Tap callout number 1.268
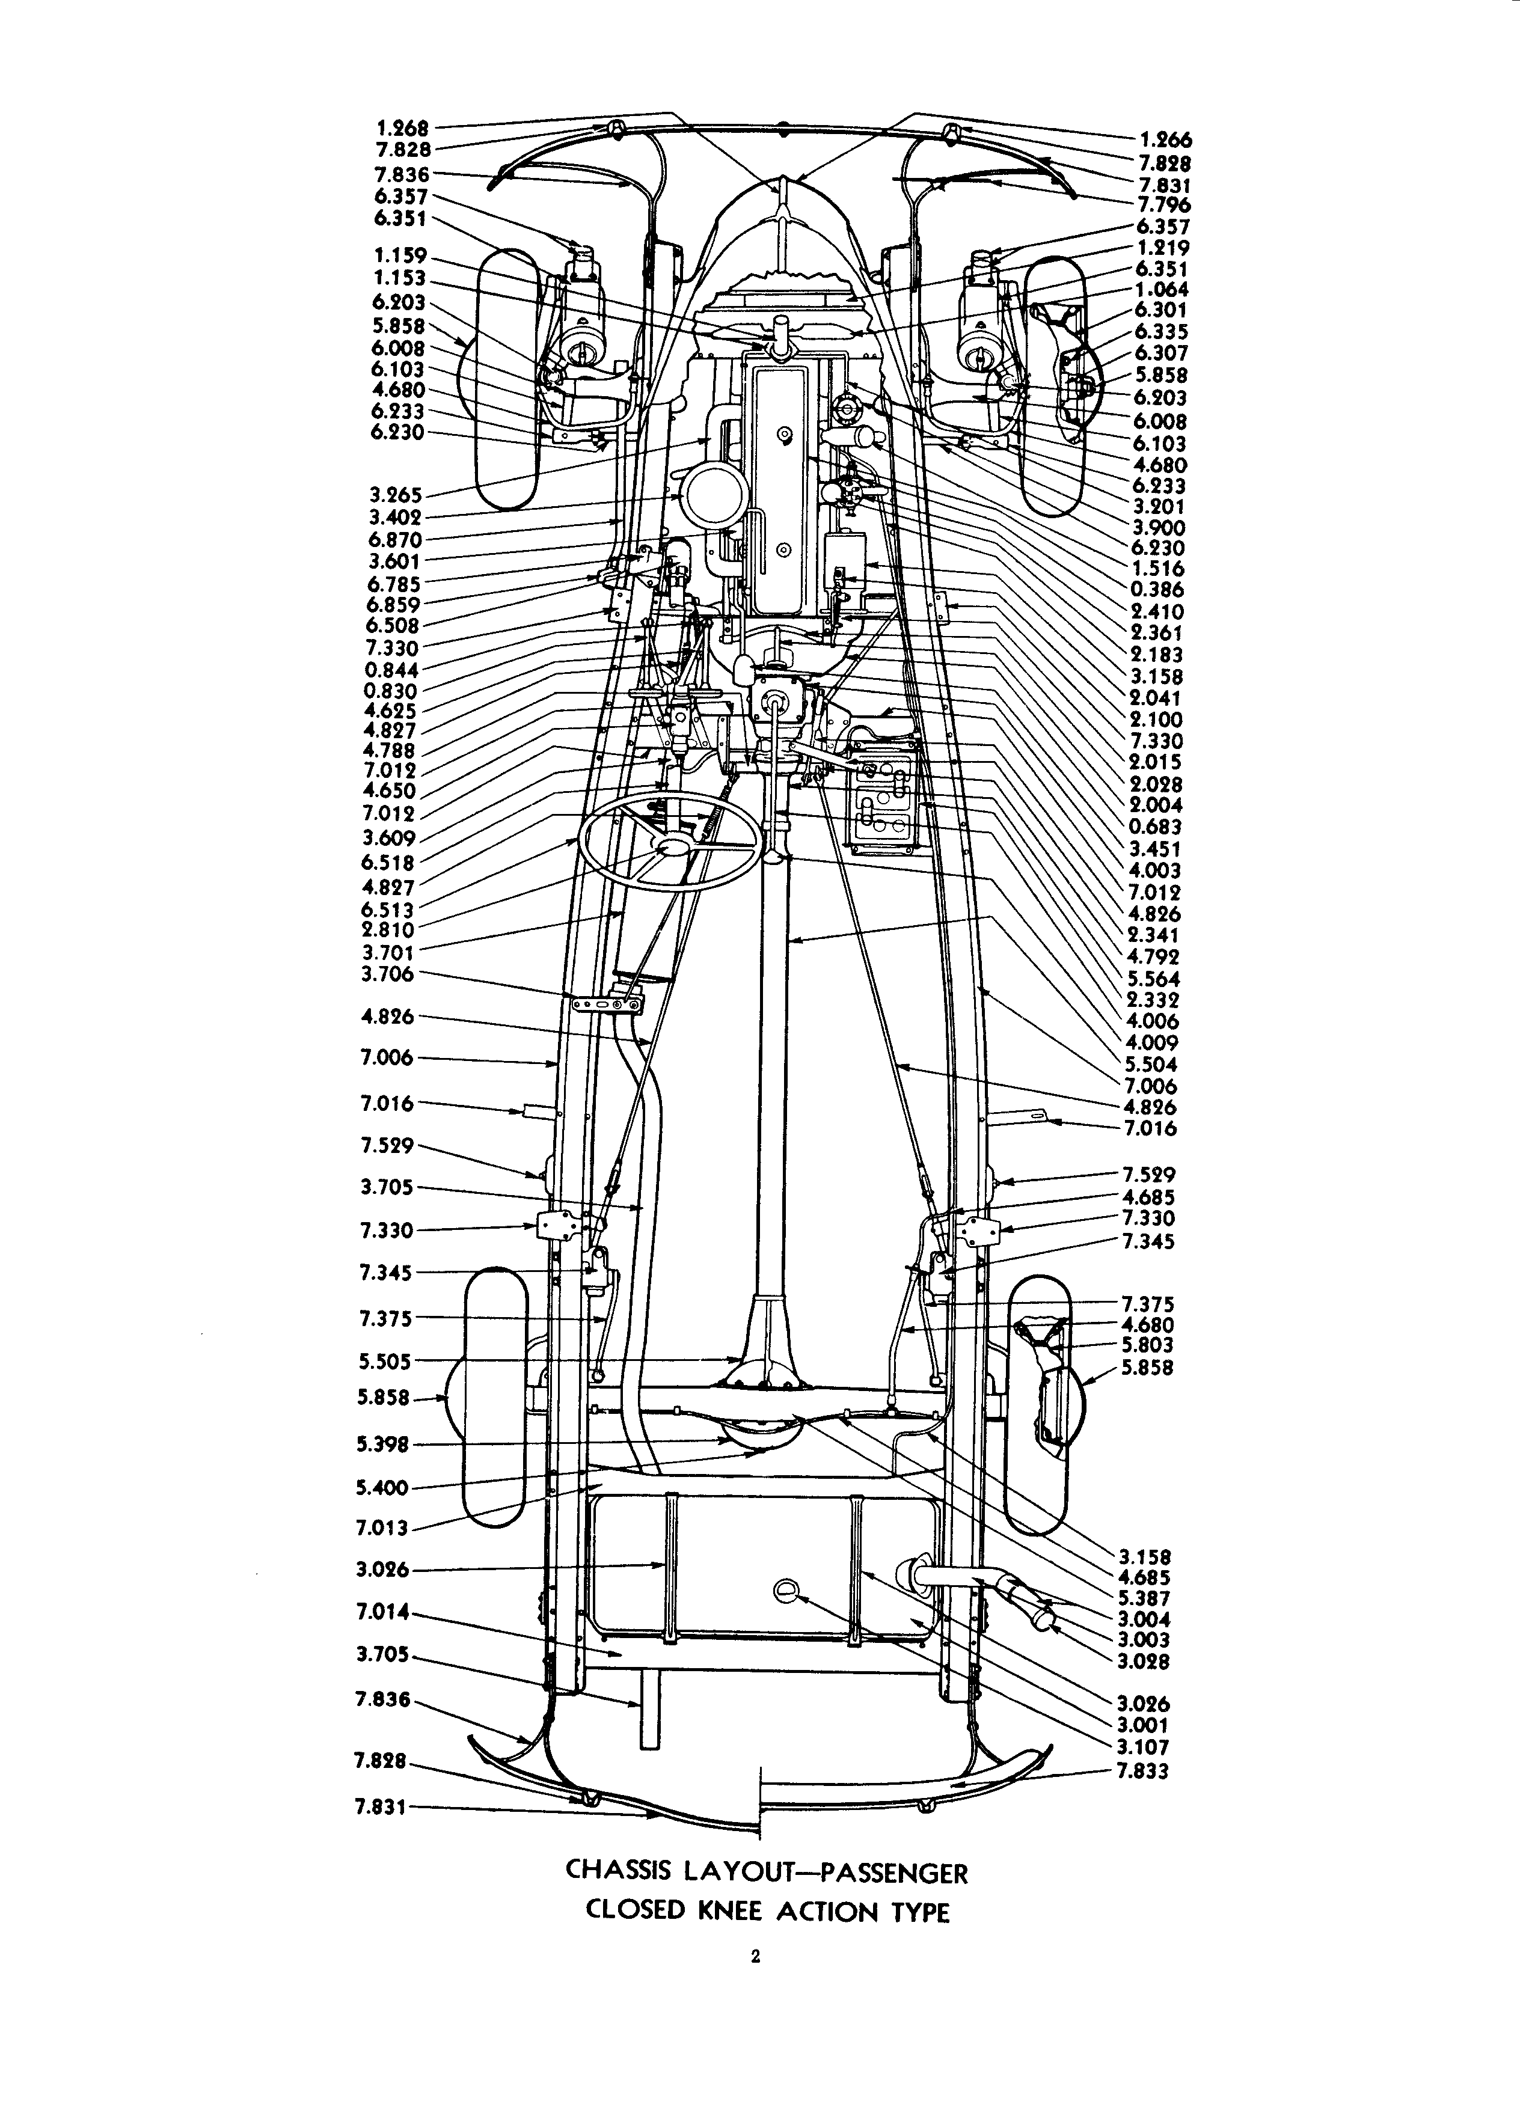click(402, 128)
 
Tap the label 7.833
click(1143, 1771)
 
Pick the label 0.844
click(392, 670)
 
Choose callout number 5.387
click(1143, 1598)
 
